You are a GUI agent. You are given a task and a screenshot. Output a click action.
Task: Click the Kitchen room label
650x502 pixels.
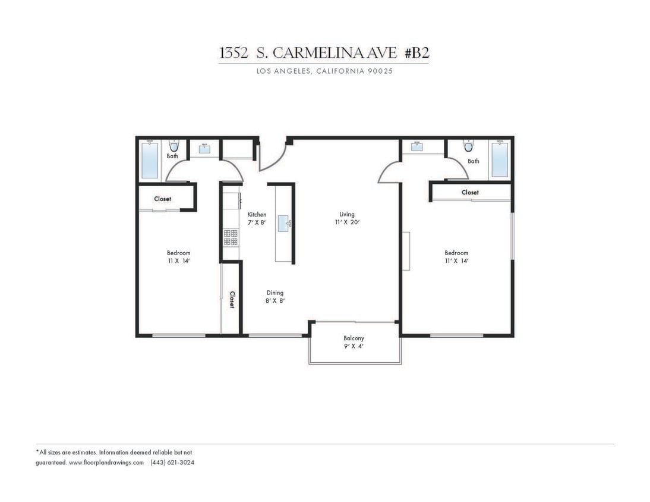pyautogui.click(x=257, y=215)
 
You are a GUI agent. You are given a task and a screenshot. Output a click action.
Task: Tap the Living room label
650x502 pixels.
pyautogui.click(x=347, y=215)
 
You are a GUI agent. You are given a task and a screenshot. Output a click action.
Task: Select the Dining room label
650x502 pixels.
pyautogui.click(x=274, y=293)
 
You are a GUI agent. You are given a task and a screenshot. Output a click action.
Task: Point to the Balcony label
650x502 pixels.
pyautogui.click(x=354, y=338)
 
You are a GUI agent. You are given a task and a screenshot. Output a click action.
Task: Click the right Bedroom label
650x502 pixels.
pyautogui.click(x=456, y=253)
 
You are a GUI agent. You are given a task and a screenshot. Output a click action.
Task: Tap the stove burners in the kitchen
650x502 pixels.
pyautogui.click(x=231, y=237)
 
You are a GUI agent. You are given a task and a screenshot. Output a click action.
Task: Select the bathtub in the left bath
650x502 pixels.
pyautogui.click(x=150, y=161)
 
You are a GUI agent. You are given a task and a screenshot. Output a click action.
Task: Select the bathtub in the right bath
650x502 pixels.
pyautogui.click(x=500, y=159)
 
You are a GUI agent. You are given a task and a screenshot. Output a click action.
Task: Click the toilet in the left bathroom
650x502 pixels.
pyautogui.click(x=173, y=146)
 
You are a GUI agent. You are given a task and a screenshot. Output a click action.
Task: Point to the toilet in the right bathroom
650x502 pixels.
pyautogui.click(x=469, y=146)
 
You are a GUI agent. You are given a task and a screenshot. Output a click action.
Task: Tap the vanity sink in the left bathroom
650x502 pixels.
pyautogui.click(x=204, y=149)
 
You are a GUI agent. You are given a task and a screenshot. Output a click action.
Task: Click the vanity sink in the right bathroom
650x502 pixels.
pyautogui.click(x=416, y=146)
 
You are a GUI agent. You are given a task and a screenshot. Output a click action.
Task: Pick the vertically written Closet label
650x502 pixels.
pyautogui.click(x=232, y=299)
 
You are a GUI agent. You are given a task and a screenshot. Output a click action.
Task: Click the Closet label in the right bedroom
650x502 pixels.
pyautogui.click(x=470, y=192)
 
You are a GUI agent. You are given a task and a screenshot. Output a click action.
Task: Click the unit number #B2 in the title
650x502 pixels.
pyautogui.click(x=416, y=53)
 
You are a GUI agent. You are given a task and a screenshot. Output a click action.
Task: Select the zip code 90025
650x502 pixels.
pyautogui.click(x=380, y=71)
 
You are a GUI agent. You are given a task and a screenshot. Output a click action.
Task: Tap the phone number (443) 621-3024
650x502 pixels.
pyautogui.click(x=172, y=462)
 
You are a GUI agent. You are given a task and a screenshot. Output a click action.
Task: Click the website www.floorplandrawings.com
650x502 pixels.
pyautogui.click(x=106, y=462)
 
